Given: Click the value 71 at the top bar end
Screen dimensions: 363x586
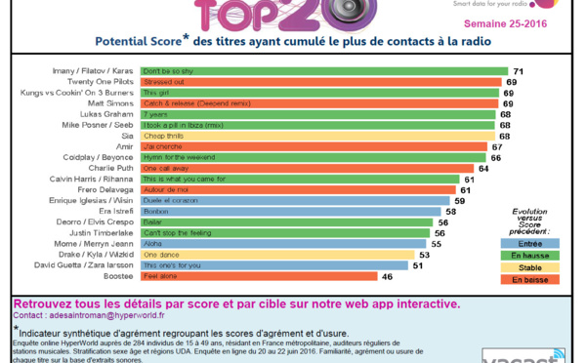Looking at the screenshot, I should click(x=519, y=72).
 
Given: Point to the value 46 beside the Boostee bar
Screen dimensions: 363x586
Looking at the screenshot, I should click(x=387, y=276).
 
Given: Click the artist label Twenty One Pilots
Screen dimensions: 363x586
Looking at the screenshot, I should click(x=107, y=82).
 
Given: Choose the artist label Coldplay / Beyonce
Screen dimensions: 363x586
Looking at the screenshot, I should click(x=104, y=157).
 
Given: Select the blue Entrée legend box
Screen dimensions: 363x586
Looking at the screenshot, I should click(x=530, y=243).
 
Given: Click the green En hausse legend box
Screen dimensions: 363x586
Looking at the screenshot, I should click(x=530, y=255).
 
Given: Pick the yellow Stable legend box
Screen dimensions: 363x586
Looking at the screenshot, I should click(x=530, y=267).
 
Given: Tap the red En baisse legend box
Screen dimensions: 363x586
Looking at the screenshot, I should click(x=530, y=280).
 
